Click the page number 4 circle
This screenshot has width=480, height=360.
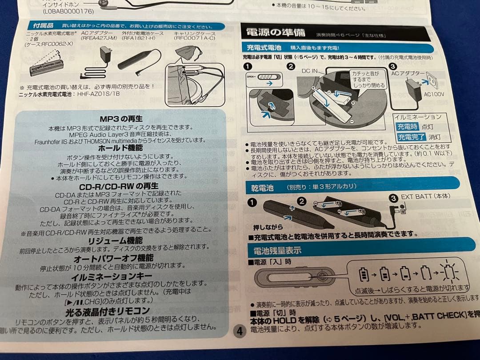tap(240, 331)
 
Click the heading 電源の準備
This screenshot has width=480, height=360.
tap(269, 32)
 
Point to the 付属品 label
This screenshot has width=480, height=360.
tap(43, 26)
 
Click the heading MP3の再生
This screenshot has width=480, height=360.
tap(121, 119)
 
